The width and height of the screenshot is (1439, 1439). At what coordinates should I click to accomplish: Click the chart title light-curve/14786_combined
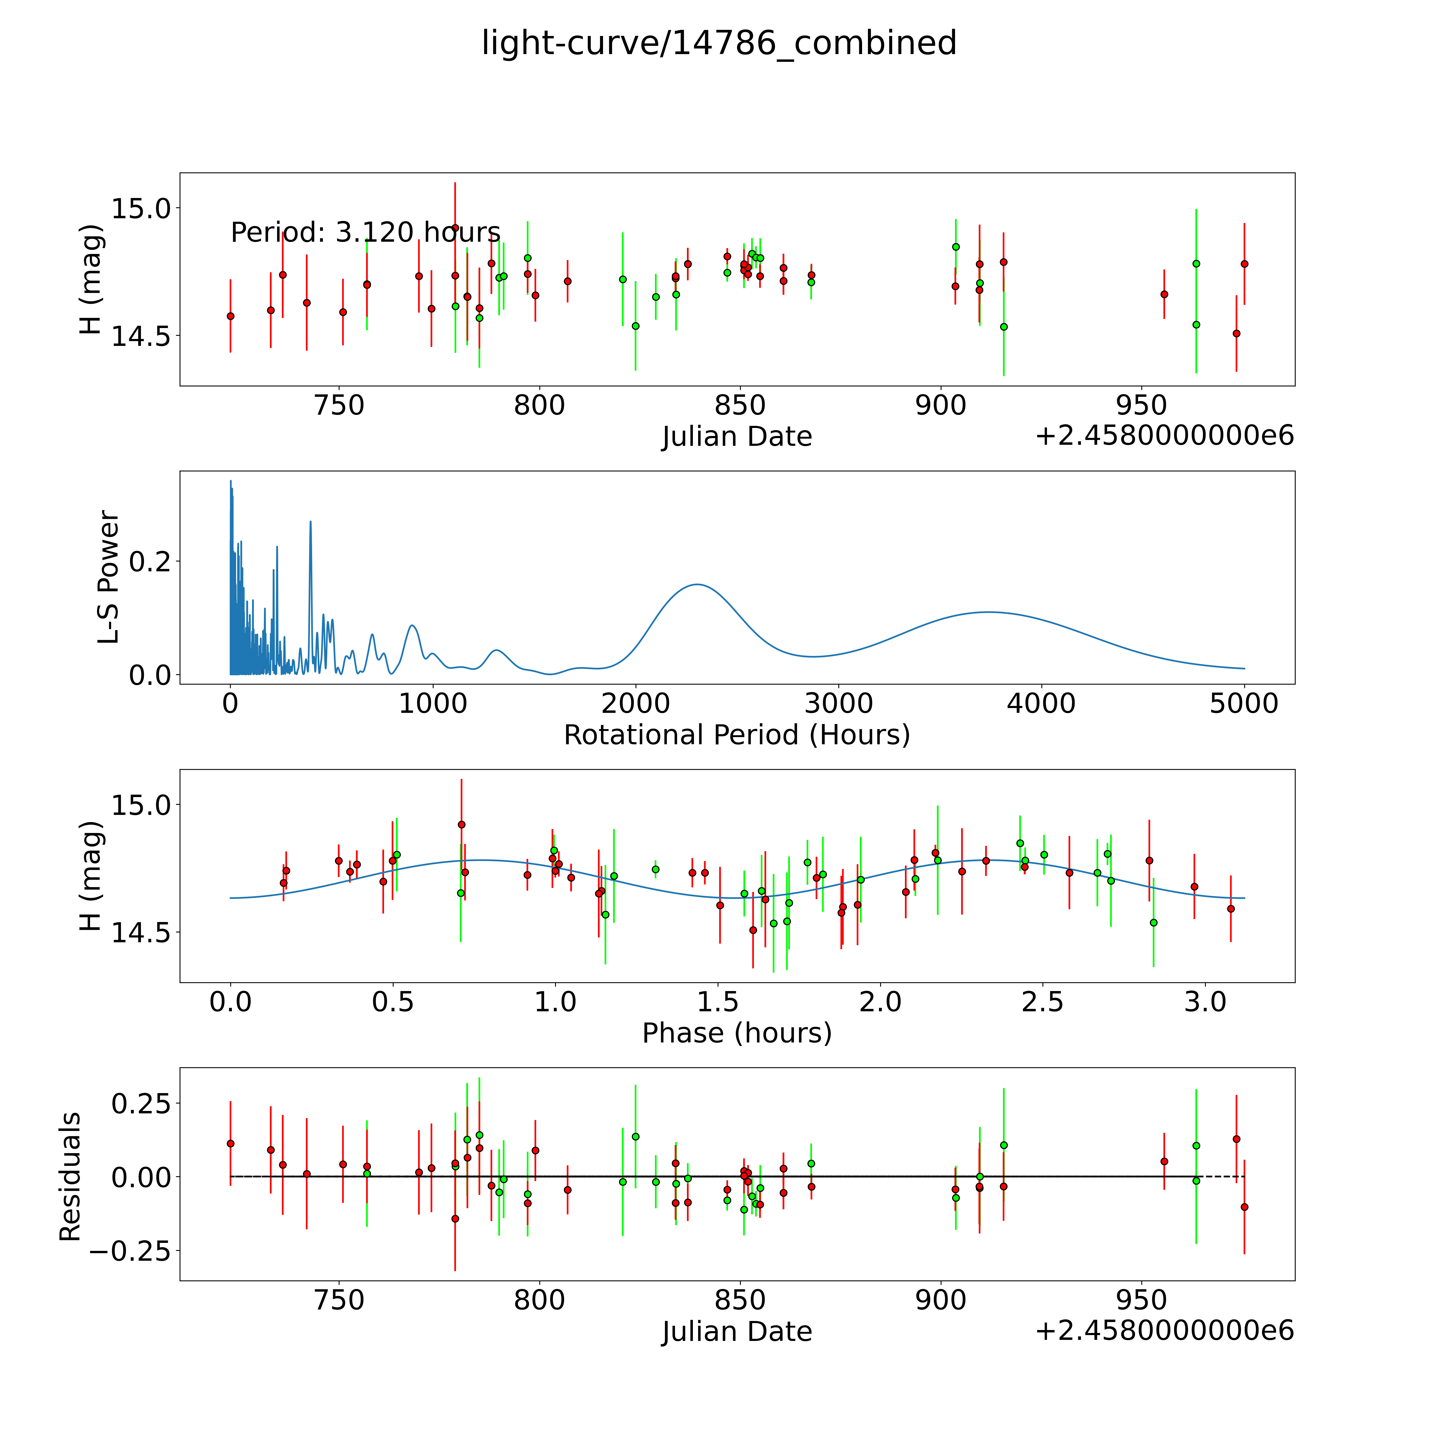tap(719, 43)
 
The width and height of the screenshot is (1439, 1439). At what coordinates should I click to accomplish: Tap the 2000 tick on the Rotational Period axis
tap(635, 703)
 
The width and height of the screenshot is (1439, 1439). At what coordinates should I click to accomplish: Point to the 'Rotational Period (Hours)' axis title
tap(737, 735)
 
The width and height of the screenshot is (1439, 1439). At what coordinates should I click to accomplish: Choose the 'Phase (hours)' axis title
tap(737, 1033)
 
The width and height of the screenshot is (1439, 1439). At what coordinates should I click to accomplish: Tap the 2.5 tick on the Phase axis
tap(1043, 1002)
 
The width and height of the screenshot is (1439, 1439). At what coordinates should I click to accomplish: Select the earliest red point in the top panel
tap(231, 316)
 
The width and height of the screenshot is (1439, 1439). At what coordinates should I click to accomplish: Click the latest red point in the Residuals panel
tap(1244, 1207)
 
